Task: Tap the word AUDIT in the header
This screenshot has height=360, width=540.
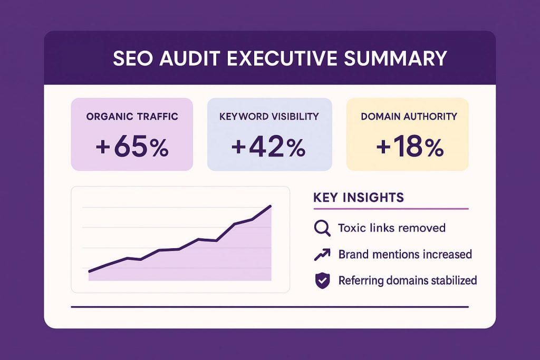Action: point(187,58)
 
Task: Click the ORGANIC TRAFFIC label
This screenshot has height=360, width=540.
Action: point(132,116)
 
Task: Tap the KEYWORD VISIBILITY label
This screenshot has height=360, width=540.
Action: point(269,116)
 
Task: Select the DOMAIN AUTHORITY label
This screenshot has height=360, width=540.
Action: point(409,116)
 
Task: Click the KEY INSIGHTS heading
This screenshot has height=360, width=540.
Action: point(359,198)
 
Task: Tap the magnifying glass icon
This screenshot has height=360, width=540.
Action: point(322,228)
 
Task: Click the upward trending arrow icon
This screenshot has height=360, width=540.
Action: point(322,255)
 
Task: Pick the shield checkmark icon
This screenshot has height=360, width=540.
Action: point(322,281)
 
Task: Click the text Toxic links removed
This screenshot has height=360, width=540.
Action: point(392,228)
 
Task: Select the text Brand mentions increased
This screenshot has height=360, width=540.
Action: point(405,255)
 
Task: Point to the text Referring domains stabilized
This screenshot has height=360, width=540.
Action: point(408,280)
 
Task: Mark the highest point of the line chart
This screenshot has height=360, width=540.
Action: point(271,206)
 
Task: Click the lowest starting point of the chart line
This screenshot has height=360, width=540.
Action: point(89,271)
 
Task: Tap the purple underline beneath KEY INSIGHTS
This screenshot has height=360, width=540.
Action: point(390,209)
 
